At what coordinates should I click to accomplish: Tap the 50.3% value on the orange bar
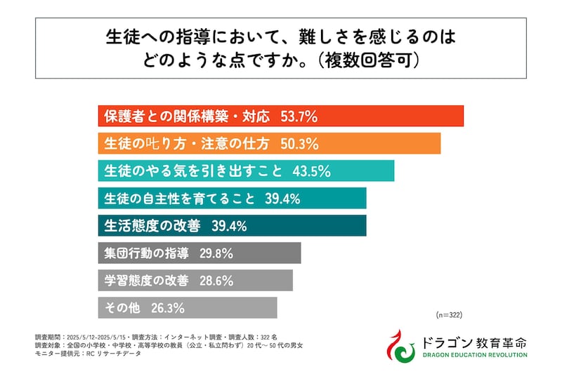tap(299, 144)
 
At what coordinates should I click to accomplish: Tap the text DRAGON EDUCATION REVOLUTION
tap(475, 354)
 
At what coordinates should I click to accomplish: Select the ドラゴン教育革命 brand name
tap(475, 341)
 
